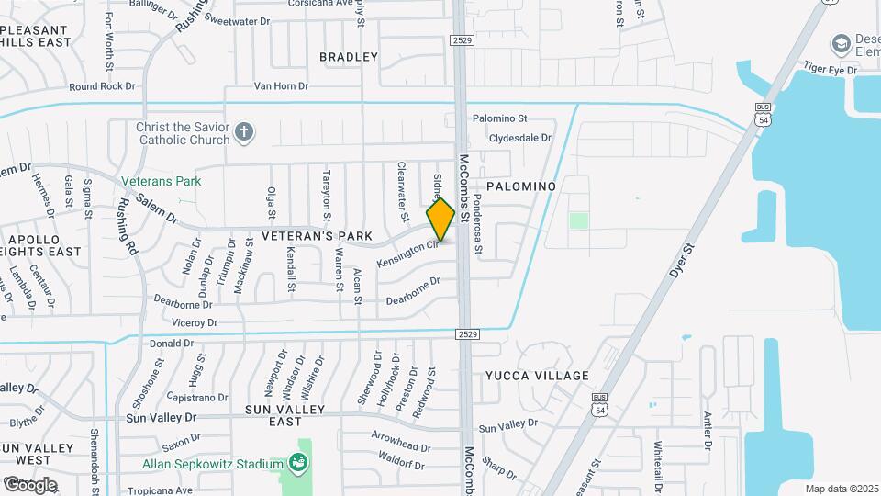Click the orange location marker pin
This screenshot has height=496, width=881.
441,220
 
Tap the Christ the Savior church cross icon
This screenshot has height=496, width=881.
244,132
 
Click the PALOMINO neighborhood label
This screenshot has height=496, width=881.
521,186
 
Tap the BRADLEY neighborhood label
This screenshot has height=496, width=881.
349,57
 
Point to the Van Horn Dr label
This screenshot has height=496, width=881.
281,86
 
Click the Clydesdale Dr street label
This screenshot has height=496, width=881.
520,138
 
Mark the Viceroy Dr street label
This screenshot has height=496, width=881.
194,323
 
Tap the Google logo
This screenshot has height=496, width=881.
29,484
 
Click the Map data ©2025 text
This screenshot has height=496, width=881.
842,489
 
